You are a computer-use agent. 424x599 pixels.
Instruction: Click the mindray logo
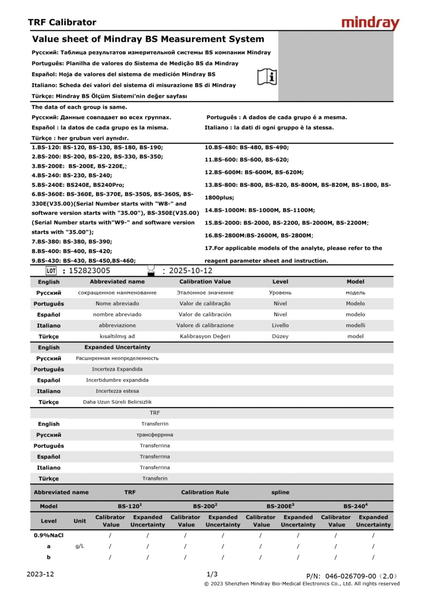tap(370, 23)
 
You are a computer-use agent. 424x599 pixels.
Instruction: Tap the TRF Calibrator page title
tap(62, 22)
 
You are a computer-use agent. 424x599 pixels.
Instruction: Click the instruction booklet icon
tap(267, 77)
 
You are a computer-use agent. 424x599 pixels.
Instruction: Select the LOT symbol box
tap(51, 270)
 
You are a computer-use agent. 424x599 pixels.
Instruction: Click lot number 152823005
tap(89, 270)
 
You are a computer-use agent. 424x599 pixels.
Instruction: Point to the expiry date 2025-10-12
tap(191, 270)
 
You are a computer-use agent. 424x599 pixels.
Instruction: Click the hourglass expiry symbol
tap(151, 270)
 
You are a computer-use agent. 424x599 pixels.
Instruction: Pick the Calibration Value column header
tap(205, 282)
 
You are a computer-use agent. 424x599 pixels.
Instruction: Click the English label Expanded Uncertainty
tap(117, 347)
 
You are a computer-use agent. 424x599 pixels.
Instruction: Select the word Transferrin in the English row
tap(155, 424)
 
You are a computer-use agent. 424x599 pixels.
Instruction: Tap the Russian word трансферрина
tap(155, 435)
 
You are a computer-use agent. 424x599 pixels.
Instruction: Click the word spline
tap(280, 492)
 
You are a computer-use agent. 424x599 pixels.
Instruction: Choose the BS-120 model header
tap(129, 506)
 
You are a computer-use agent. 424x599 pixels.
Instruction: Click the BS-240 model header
tap(355, 506)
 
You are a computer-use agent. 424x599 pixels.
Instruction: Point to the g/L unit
tap(80, 546)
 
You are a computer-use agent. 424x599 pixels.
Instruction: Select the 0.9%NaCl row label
tap(48, 535)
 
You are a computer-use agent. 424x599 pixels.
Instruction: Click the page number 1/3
tap(212, 574)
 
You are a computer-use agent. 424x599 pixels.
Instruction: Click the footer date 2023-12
tap(40, 574)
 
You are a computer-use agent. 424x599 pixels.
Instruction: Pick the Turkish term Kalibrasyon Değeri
tap(205, 336)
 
